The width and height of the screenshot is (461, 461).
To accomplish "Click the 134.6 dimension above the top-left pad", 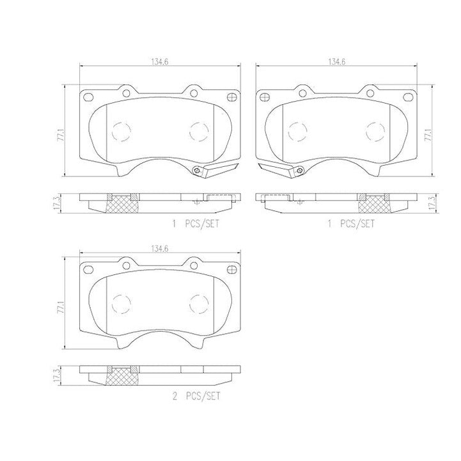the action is [x=160, y=62].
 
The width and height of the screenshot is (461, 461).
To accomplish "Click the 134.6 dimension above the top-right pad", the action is [x=336, y=62].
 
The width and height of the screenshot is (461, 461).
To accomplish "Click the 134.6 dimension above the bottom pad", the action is [x=160, y=249].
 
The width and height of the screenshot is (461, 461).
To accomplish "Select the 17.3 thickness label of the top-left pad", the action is [x=58, y=203].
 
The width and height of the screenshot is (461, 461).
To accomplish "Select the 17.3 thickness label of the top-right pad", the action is [x=432, y=203].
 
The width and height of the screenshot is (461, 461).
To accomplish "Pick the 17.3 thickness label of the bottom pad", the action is [x=58, y=375].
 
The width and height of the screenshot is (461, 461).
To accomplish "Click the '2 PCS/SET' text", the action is [x=196, y=396].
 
